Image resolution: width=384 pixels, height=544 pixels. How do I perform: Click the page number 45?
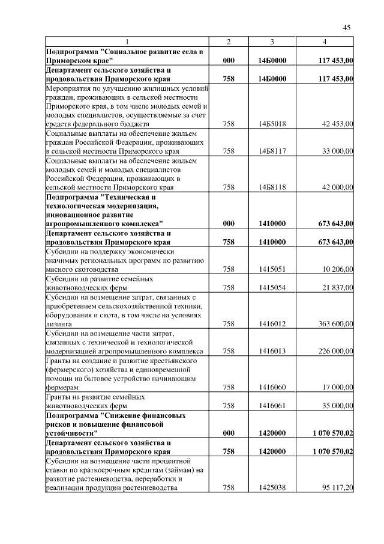(x=347, y=27)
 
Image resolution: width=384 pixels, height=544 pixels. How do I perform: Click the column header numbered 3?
(x=272, y=41)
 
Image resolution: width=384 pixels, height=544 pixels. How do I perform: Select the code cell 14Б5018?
(x=272, y=124)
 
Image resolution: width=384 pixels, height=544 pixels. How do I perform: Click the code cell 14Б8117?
(x=272, y=152)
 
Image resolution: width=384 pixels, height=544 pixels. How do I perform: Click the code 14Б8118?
(x=272, y=187)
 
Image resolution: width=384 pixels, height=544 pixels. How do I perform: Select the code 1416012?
(x=272, y=323)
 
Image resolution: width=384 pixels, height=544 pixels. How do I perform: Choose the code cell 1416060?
(x=272, y=388)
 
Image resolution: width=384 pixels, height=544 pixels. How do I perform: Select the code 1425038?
(x=272, y=488)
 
